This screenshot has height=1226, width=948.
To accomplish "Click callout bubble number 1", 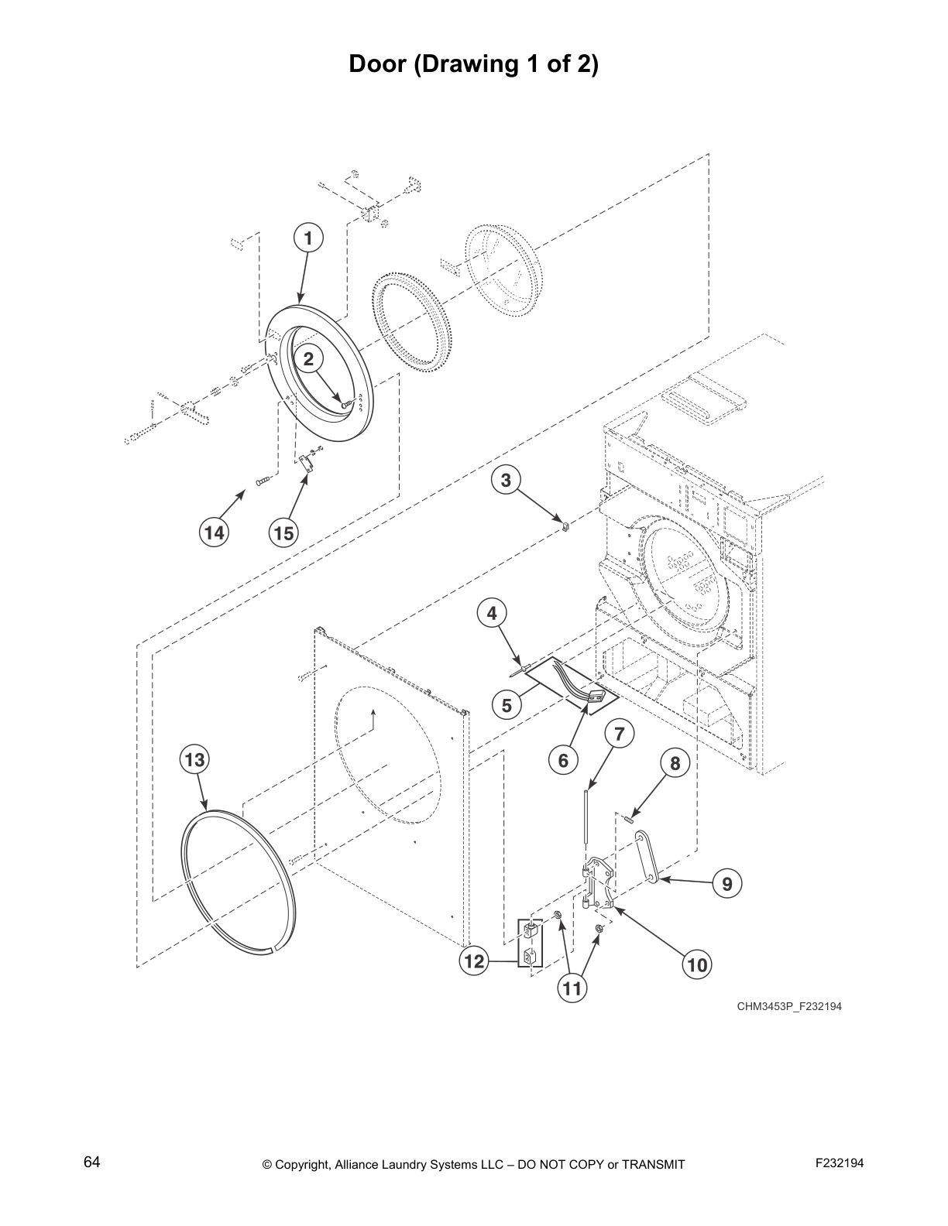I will coord(308,238).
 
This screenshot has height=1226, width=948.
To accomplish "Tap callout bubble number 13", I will coord(194,760).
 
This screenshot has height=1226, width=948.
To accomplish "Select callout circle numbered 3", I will coord(505,481).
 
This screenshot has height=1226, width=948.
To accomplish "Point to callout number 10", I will coord(697,964).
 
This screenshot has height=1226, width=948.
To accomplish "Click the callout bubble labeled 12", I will coord(473,962).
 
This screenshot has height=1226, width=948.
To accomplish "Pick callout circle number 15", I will coord(283,533).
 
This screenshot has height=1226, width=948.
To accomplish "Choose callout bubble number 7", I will coord(619,733).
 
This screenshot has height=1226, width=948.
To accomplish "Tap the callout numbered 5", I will coord(507,705).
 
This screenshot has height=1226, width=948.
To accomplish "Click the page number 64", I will coord(91,1163).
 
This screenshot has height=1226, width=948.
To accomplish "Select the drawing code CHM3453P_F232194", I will coord(788,1007).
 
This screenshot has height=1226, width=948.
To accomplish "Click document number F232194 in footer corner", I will coord(839,1163).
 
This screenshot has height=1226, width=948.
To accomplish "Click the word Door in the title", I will coord(378,63).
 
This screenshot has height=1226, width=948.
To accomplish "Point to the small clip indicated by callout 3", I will coord(566,528).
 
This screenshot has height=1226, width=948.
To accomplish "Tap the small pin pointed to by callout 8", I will coord(631,813).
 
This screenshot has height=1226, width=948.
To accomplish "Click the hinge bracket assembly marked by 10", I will coord(599,882).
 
